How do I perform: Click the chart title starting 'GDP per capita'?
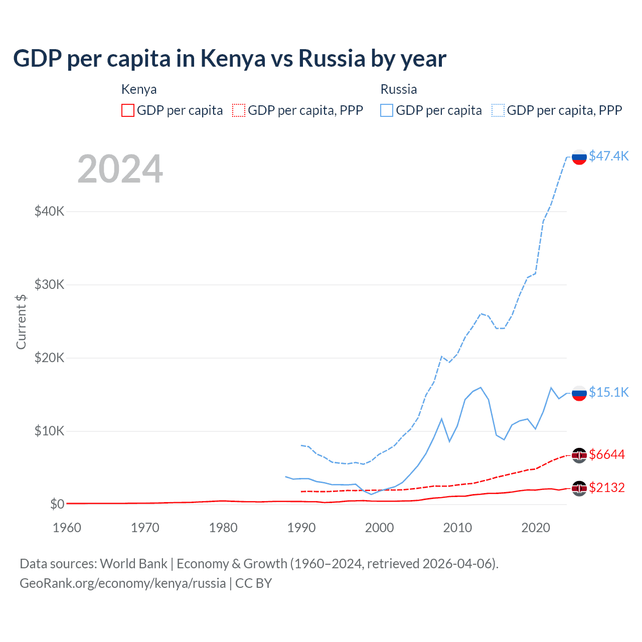tap(229, 59)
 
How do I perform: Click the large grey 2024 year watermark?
tap(120, 169)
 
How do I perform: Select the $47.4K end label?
tap(608, 156)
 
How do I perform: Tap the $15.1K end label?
tap(608, 392)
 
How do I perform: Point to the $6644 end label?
tap(607, 454)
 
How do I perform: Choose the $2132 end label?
tap(607, 488)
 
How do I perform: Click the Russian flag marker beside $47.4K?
tap(579, 157)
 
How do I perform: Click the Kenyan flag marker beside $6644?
tap(579, 455)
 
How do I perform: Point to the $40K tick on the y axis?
tap(49, 211)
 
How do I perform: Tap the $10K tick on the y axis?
tap(49, 431)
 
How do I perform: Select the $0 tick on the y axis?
tap(57, 504)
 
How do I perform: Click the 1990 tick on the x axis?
tap(301, 528)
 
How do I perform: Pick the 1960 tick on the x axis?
tap(67, 528)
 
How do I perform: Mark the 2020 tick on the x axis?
tap(536, 528)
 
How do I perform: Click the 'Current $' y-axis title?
tap(21, 322)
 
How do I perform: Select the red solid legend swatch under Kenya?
tap(128, 110)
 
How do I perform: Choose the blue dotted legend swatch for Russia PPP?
tap(498, 110)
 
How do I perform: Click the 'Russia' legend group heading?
tap(399, 89)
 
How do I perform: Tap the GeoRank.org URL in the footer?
tap(122, 583)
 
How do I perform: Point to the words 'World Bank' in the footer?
tap(133, 564)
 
